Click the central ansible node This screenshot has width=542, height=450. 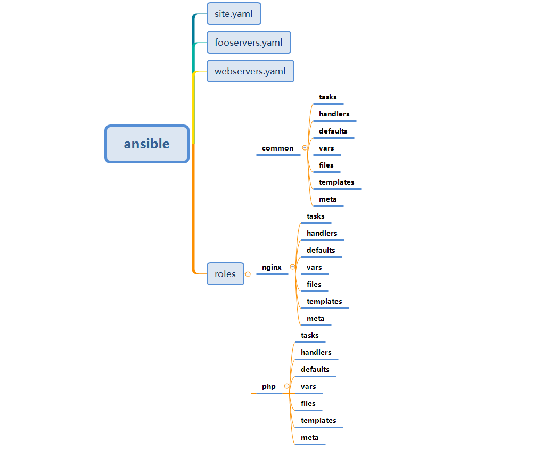pyautogui.click(x=147, y=144)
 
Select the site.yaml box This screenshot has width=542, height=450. pyautogui.click(x=234, y=14)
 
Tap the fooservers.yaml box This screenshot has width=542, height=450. pyautogui.click(x=249, y=43)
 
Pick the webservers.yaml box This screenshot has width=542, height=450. pyautogui.click(x=250, y=71)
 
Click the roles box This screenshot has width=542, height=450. pyautogui.click(x=225, y=274)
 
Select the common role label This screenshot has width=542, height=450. pyautogui.click(x=277, y=148)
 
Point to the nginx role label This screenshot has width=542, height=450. pyautogui.click(x=272, y=268)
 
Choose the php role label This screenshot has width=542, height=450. pyautogui.click(x=269, y=387)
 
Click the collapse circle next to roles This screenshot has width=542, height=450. pyautogui.click(x=248, y=274)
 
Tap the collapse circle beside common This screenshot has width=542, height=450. pyautogui.click(x=305, y=148)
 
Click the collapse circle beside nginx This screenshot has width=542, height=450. pyautogui.click(x=292, y=267)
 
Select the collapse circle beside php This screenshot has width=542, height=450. pyautogui.click(x=286, y=386)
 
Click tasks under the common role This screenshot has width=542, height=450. pyautogui.click(x=328, y=97)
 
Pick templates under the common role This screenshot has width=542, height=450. pyautogui.click(x=336, y=182)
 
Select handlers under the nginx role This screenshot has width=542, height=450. pyautogui.click(x=322, y=234)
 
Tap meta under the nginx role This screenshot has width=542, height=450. pyautogui.click(x=316, y=319)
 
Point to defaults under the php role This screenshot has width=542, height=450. pyautogui.click(x=315, y=370)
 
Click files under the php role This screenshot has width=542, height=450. pyautogui.click(x=308, y=404)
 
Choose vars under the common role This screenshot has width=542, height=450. pyautogui.click(x=326, y=148)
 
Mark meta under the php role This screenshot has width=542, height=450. pyautogui.click(x=310, y=438)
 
